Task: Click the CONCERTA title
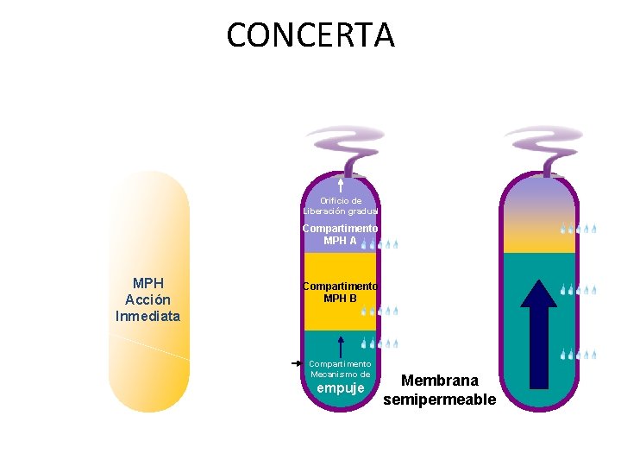click(310, 35)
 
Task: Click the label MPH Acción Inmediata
click(148, 299)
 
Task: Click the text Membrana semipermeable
click(440, 389)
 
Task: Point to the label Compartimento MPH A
click(340, 234)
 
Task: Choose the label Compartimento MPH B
click(340, 292)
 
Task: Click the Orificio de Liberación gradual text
click(341, 205)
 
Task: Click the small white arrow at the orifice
click(342, 185)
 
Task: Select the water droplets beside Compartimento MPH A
click(379, 244)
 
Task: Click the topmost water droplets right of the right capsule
click(578, 230)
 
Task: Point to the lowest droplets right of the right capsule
click(578, 354)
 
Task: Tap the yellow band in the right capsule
click(540, 239)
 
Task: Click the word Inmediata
click(148, 316)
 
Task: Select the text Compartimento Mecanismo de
click(340, 369)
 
